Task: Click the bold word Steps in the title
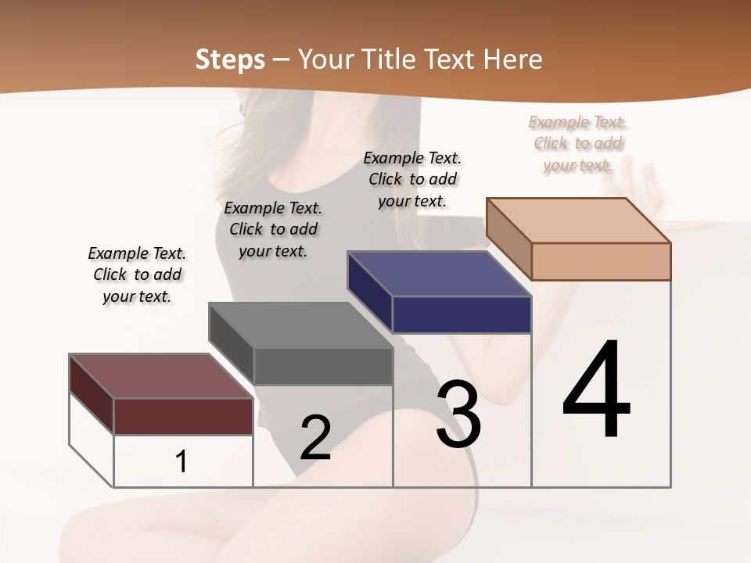230,59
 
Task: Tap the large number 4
597,390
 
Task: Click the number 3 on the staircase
458,414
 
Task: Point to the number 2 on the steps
315,438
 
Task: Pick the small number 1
181,462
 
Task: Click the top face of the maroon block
160,376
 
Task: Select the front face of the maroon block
183,416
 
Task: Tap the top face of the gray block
300,325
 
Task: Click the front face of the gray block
322,366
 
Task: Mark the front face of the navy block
462,315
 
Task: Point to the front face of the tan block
601,261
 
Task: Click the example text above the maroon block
137,274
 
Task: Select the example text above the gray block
273,229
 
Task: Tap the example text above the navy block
412,179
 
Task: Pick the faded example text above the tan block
578,143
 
